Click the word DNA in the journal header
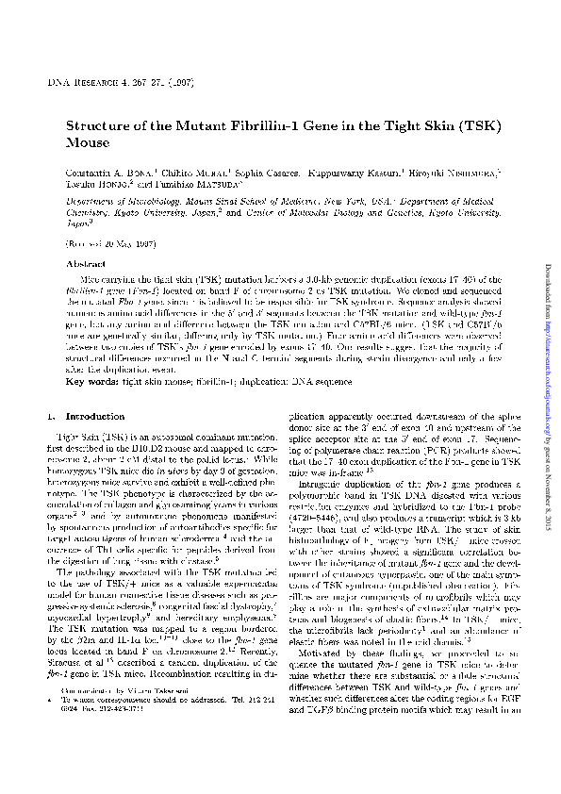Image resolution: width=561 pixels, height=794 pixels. click(x=57, y=85)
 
